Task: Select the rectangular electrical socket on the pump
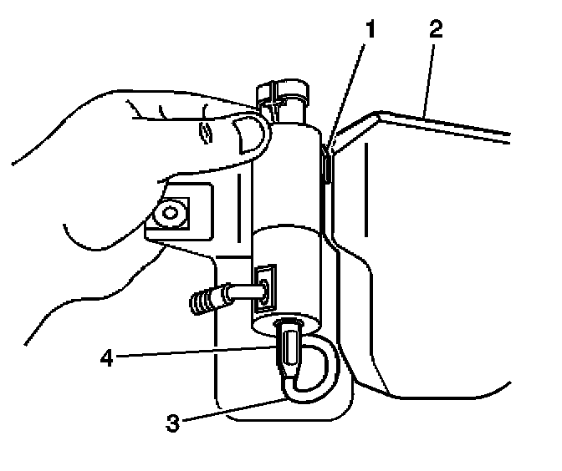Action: point(266,286)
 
